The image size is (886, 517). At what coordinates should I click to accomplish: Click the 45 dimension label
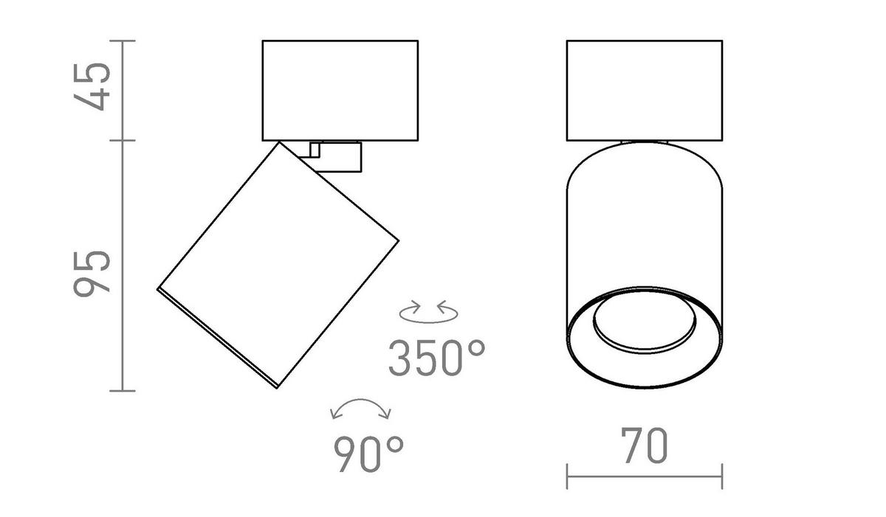point(93,87)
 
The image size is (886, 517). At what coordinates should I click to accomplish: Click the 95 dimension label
point(93,273)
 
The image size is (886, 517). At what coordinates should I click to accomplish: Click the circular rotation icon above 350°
point(428,311)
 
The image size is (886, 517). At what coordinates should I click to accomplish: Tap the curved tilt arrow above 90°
point(361,409)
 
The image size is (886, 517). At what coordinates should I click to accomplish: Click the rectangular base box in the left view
point(340,90)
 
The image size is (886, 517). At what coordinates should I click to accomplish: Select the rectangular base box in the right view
point(645,90)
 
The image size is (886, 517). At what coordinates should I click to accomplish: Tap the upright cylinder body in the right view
point(645,221)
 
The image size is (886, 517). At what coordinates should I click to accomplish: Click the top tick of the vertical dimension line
point(123,41)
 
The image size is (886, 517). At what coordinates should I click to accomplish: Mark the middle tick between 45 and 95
point(123,140)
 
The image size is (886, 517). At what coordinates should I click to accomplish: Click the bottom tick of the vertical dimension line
point(123,390)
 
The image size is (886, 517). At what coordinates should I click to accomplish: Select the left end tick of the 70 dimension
point(567,476)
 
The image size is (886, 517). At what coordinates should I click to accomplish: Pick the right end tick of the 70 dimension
point(722,476)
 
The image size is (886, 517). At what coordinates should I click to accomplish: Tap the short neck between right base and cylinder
point(645,141)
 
